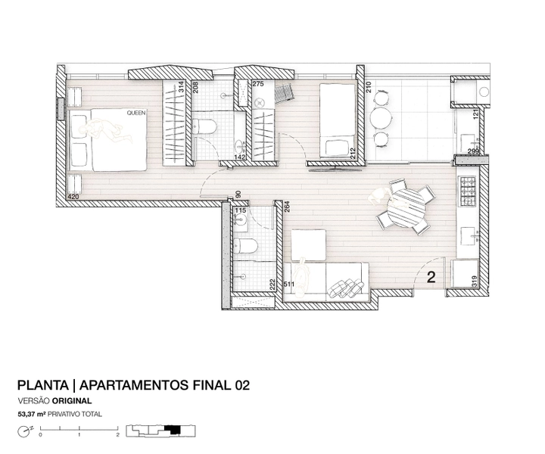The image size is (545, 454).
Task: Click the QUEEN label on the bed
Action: click(x=136, y=113)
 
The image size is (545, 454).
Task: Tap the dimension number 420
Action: click(x=73, y=197)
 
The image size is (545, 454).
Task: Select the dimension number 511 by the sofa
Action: click(x=289, y=285)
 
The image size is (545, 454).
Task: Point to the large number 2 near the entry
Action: click(x=431, y=277)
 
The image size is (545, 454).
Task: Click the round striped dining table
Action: click(x=406, y=208)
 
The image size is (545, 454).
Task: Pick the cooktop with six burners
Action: click(x=468, y=191)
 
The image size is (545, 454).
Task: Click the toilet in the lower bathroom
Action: click(x=246, y=246)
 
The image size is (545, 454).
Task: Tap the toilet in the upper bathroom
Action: click(x=204, y=126)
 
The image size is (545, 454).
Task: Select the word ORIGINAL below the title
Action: click(x=72, y=401)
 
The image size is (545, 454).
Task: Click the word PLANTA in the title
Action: click(x=43, y=385)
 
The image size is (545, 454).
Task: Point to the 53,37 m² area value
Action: click(x=32, y=414)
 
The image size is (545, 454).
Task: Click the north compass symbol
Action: click(x=23, y=432)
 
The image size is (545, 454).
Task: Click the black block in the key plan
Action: click(x=173, y=430)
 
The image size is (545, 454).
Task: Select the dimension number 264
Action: click(x=287, y=207)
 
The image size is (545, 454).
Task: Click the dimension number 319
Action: click(x=474, y=281)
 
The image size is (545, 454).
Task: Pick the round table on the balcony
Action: click(x=381, y=118)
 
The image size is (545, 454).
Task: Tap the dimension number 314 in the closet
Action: click(x=181, y=86)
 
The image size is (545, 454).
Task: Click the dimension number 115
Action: click(x=241, y=210)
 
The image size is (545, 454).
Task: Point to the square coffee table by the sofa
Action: click(x=309, y=244)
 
